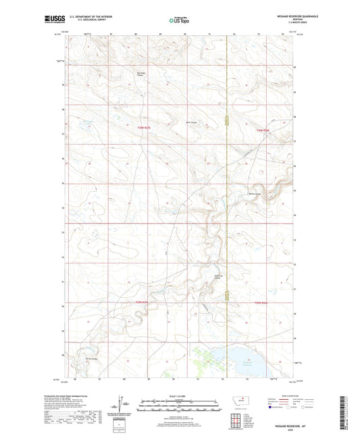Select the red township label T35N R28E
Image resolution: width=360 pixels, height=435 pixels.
pos(263,130)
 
